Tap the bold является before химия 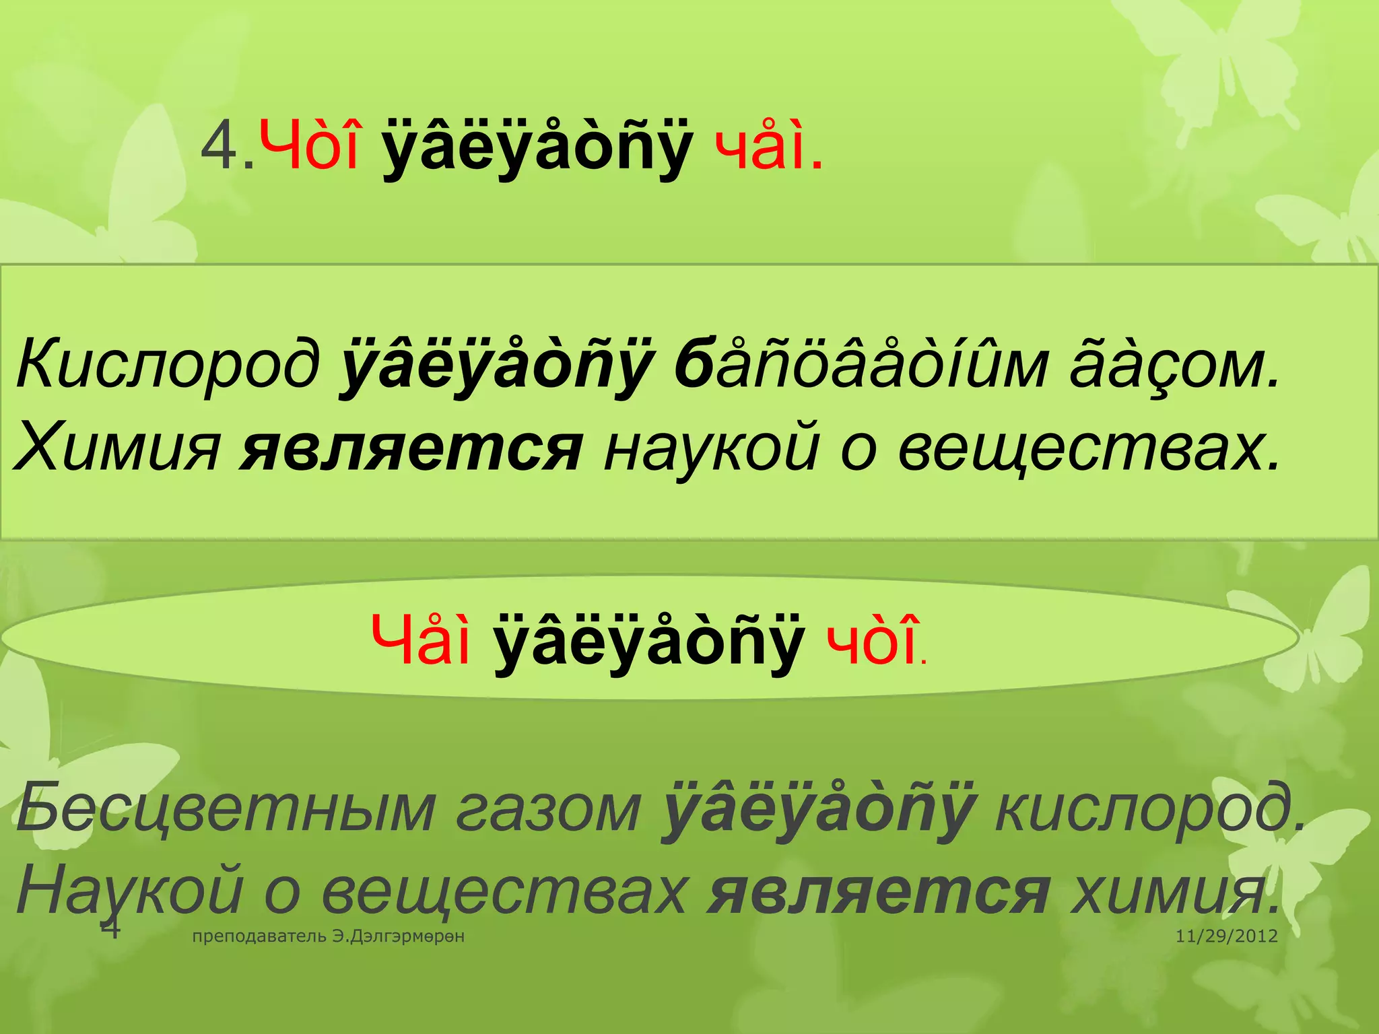(x=879, y=892)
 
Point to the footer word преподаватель (x=260, y=936)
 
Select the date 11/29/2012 (x=1226, y=936)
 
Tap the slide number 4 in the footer (x=110, y=929)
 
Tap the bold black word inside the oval (x=648, y=641)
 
